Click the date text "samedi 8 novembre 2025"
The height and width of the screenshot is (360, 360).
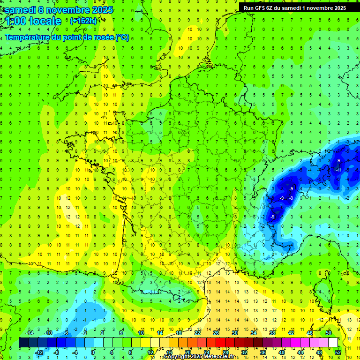tap(58, 10)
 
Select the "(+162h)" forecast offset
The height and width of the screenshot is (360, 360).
tap(83, 21)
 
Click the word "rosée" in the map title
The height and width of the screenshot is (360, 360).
tap(104, 37)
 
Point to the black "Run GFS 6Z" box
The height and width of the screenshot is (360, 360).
tap(294, 7)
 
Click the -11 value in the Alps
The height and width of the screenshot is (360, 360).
tap(338, 170)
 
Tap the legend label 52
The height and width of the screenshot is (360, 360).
tap(337, 352)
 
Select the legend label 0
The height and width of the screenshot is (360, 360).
tap(93, 352)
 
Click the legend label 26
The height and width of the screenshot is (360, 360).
tap(216, 333)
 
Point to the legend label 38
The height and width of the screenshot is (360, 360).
tap(272, 333)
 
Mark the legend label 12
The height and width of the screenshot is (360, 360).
tap(150, 352)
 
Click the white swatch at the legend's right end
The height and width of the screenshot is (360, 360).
tap(333, 343)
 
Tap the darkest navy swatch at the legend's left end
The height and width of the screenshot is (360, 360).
tap(23, 343)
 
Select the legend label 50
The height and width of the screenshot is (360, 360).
tap(328, 333)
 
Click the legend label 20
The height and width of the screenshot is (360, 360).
tap(187, 352)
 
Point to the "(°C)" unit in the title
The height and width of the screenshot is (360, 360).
tap(122, 37)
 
